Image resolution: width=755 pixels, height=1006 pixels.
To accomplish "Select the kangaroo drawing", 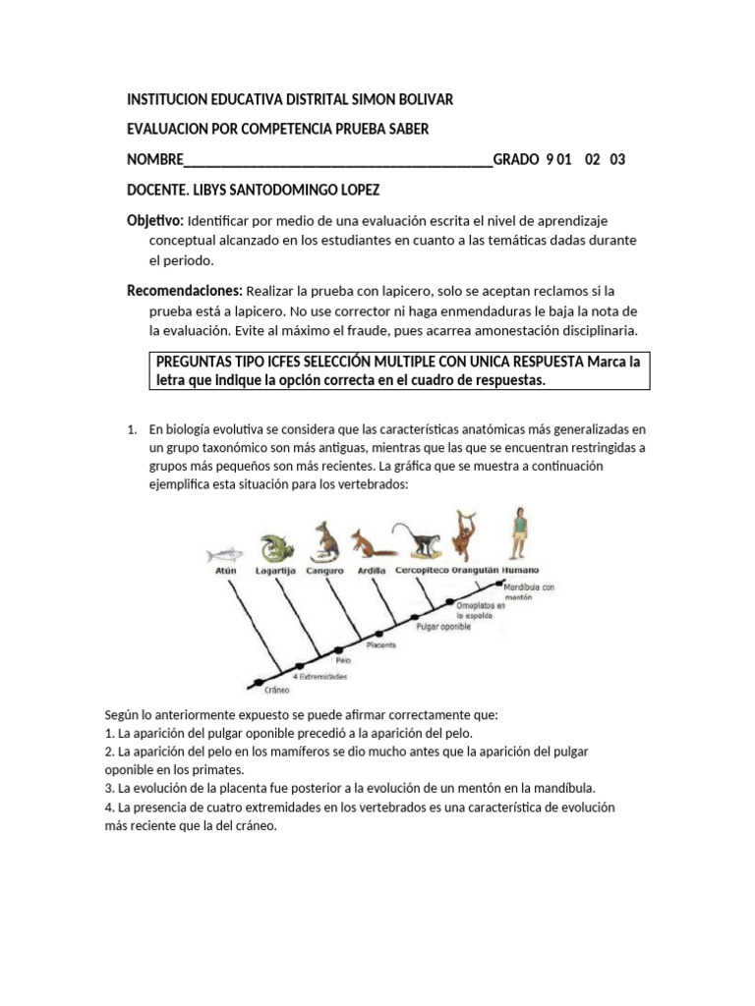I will (325, 540).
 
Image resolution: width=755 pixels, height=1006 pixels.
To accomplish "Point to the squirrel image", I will (369, 544).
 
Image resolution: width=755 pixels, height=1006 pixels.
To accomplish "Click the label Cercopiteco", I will (422, 570).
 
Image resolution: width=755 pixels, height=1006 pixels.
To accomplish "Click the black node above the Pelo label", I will (339, 649).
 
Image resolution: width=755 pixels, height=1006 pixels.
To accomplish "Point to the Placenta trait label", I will (381, 645).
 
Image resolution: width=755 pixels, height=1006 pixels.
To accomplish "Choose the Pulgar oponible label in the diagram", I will (442, 625).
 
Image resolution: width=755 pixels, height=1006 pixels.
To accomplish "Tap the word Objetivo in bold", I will (154, 220).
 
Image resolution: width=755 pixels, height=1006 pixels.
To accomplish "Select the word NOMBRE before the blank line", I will (155, 160).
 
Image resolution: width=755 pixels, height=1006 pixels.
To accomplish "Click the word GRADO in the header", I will (516, 160).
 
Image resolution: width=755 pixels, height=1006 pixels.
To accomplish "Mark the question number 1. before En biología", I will (133, 430).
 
